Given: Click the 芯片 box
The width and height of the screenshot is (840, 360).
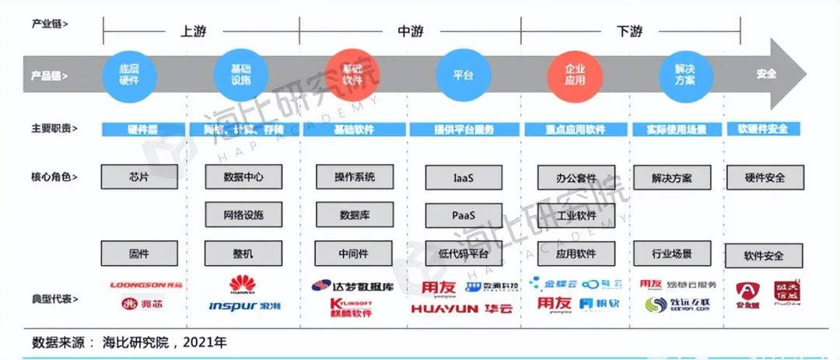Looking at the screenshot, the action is click(x=139, y=177).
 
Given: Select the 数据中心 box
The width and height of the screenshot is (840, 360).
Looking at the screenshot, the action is click(x=243, y=177).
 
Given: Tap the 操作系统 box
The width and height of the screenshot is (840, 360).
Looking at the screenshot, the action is click(x=355, y=177).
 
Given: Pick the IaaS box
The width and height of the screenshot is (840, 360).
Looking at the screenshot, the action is click(x=464, y=177).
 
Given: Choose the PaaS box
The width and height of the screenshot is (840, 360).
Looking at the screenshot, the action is click(x=464, y=215).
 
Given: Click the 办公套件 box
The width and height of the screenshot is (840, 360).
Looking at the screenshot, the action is click(x=576, y=177).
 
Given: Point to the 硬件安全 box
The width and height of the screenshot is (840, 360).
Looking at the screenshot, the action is click(x=764, y=177).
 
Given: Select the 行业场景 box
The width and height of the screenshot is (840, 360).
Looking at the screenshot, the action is click(x=671, y=253).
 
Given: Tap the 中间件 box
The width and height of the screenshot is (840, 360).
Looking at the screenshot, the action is click(x=354, y=253).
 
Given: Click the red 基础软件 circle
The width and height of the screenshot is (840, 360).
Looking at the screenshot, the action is click(x=352, y=75).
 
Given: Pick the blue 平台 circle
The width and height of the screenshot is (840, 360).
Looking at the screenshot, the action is click(x=464, y=75).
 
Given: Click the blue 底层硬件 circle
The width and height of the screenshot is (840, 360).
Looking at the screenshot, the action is click(x=129, y=75).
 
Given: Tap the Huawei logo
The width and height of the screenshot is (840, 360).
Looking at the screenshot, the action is click(x=242, y=285).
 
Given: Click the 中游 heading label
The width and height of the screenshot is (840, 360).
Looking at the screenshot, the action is click(x=411, y=31).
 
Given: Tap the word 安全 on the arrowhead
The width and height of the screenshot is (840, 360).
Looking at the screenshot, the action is click(x=766, y=75).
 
